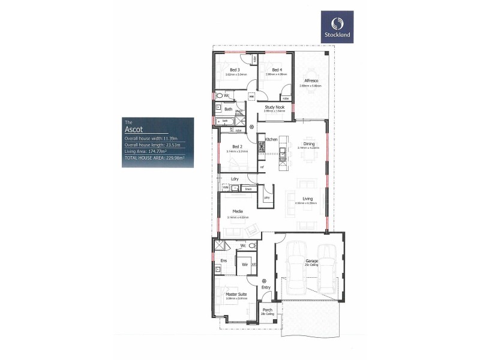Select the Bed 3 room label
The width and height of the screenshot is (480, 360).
[235, 70]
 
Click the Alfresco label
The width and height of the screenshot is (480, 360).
[311, 80]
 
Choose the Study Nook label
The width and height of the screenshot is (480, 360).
[274, 107]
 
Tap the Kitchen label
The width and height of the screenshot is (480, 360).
[271, 139]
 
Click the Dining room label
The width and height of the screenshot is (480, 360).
[309, 143]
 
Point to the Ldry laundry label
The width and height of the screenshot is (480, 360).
[235, 178]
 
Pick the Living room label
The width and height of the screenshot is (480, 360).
[307, 199]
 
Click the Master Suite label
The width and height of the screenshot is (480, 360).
[236, 295]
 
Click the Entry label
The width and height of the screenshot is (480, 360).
[266, 287]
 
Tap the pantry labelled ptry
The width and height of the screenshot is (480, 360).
[266, 197]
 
